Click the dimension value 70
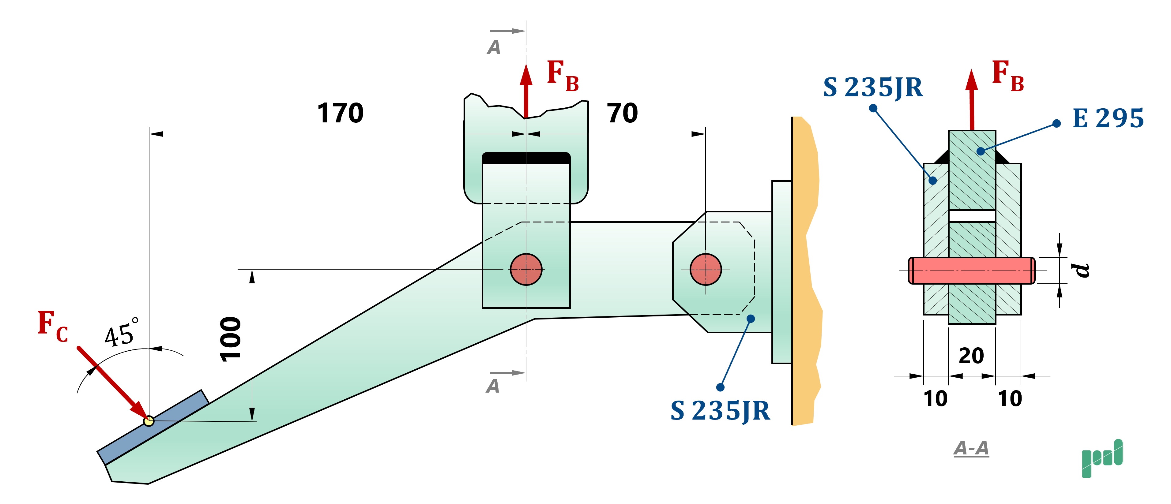[622, 113]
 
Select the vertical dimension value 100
[231, 339]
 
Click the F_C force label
[52, 326]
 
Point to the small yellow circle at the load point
[149, 421]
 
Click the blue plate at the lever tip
[153, 427]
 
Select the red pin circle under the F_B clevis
[526, 270]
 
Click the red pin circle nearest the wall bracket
[706, 270]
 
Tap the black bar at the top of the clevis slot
[526, 158]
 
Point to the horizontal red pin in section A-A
[971, 271]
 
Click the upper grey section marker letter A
[494, 47]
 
